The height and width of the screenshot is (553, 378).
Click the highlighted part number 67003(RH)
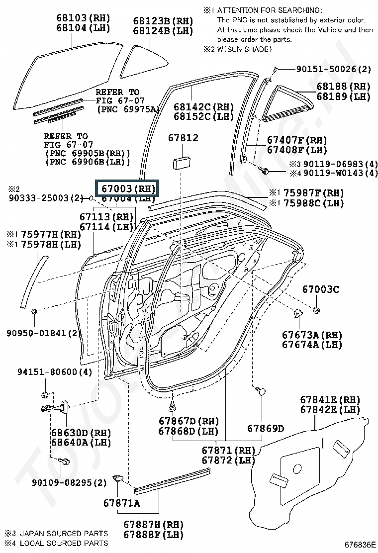(x=126, y=188)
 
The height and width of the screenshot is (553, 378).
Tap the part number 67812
(x=183, y=138)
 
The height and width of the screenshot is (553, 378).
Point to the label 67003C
(x=321, y=289)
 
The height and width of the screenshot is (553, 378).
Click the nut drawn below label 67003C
(x=317, y=311)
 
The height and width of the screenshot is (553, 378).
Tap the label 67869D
(x=266, y=428)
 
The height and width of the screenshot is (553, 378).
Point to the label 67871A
(x=121, y=503)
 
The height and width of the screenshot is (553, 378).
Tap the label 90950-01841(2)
(x=44, y=332)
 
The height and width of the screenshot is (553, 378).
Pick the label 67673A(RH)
(x=311, y=334)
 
